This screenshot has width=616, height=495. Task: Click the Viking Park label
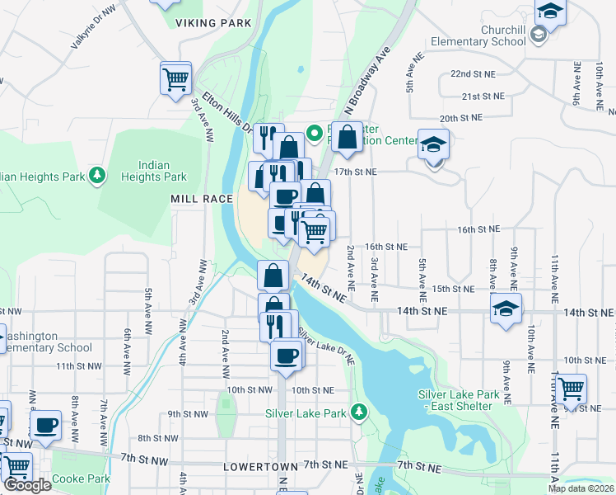(x=213, y=23)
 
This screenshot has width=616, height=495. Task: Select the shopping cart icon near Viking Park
(x=176, y=79)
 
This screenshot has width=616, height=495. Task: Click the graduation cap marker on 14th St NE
(x=506, y=309)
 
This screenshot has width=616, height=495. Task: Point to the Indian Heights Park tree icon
(x=98, y=174)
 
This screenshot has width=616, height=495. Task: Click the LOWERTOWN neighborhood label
(x=260, y=467)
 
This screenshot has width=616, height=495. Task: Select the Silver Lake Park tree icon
(x=358, y=411)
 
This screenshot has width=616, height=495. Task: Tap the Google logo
(x=26, y=485)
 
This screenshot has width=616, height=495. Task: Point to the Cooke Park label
(x=81, y=478)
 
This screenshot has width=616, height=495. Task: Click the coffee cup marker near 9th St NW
(x=46, y=426)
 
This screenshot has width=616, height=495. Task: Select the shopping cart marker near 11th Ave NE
(x=570, y=389)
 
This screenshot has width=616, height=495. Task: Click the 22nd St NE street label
(x=473, y=73)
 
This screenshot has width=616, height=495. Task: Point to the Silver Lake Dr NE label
(x=327, y=346)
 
